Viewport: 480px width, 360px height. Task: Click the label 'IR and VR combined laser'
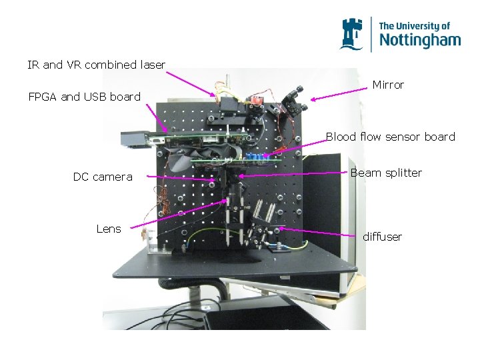(x=96, y=65)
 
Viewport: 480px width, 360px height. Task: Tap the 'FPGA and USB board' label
(x=84, y=97)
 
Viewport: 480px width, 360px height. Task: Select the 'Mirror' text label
(x=388, y=85)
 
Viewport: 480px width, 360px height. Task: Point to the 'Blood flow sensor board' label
(x=390, y=137)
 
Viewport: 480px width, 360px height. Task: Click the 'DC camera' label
(x=103, y=177)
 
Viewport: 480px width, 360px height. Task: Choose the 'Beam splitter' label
(x=386, y=173)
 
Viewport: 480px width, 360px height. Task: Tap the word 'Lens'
(x=109, y=229)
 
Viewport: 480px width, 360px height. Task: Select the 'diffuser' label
(x=382, y=237)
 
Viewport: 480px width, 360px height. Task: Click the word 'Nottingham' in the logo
(x=419, y=40)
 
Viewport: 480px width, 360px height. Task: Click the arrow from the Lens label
(x=177, y=213)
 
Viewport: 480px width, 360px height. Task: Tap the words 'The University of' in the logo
(x=414, y=26)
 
